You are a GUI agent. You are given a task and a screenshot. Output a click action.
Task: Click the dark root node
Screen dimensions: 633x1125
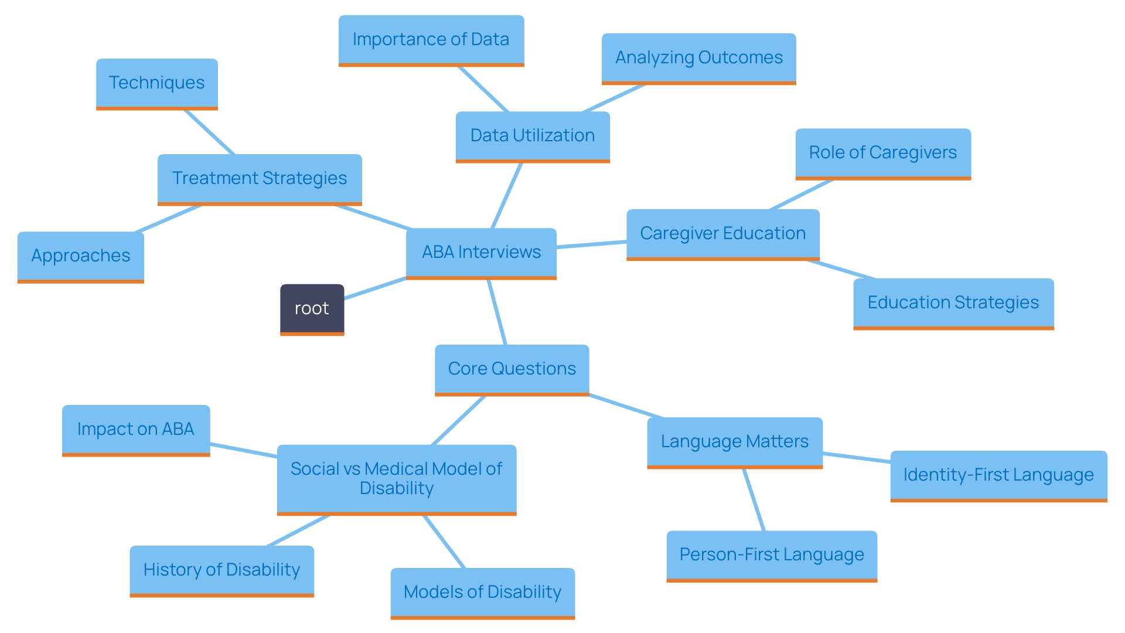[x=312, y=309]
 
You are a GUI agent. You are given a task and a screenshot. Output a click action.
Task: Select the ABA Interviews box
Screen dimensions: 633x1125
[x=481, y=253]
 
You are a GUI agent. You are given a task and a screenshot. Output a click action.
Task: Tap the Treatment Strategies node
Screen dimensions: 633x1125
[x=260, y=179]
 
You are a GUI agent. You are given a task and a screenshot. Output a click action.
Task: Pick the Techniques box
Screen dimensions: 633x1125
[x=157, y=83]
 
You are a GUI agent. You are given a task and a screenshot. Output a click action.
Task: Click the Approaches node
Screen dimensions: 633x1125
[x=81, y=256]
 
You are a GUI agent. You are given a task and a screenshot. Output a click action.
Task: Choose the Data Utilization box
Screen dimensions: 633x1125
[x=533, y=136]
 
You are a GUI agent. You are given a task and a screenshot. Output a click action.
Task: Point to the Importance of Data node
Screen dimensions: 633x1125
[x=431, y=40]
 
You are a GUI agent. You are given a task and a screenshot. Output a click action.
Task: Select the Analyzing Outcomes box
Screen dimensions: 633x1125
[x=698, y=58]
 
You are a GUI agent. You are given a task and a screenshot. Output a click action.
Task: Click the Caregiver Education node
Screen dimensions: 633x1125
[x=722, y=234]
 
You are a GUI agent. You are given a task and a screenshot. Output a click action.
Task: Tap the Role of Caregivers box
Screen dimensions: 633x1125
[x=883, y=153]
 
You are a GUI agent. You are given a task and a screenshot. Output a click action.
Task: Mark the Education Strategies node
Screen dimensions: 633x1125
[x=953, y=303]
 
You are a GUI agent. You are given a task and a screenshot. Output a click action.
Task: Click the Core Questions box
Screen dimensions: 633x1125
[x=512, y=369]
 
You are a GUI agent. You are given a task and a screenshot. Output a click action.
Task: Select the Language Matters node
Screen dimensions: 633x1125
[x=735, y=442]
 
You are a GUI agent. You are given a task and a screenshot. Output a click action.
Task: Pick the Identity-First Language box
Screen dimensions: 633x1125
[x=998, y=475]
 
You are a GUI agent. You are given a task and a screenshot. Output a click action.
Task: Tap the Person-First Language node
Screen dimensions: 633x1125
[x=772, y=555]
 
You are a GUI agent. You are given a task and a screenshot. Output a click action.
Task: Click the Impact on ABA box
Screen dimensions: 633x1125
[x=136, y=430]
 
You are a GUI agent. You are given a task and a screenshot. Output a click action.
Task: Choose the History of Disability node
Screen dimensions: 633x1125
[x=221, y=570]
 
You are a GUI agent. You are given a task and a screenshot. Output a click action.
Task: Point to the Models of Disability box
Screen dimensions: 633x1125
[x=483, y=593]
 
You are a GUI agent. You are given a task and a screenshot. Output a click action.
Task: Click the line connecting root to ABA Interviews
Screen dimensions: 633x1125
[x=375, y=288]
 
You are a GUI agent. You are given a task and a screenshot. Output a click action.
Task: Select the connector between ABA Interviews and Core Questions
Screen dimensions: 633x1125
[x=497, y=312]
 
